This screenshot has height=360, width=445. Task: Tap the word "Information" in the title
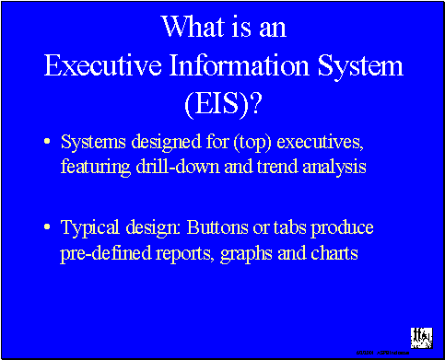[x=247, y=65]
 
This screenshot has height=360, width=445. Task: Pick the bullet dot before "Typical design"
[x=48, y=227]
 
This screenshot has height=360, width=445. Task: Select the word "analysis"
[x=319, y=168]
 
